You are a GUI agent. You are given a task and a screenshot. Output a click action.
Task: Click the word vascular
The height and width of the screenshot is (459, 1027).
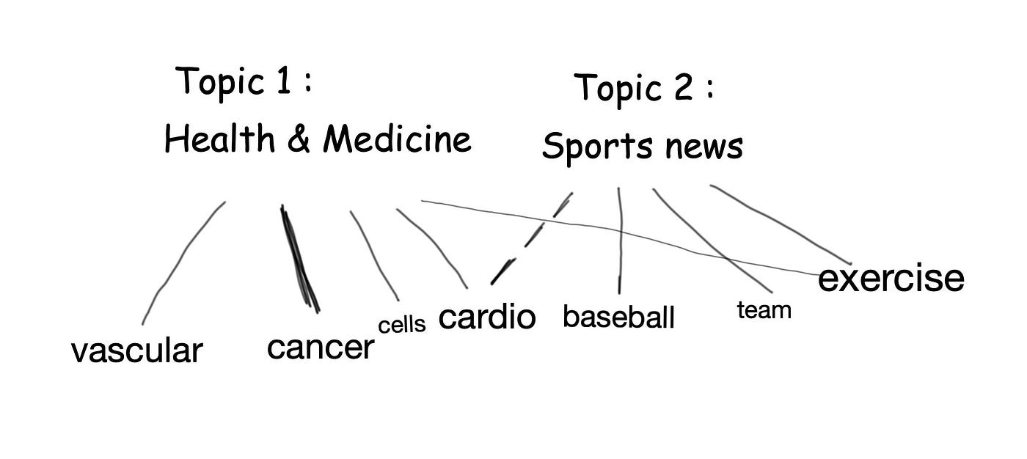(x=136, y=350)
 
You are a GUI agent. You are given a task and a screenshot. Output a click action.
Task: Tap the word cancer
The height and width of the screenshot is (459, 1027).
(x=321, y=347)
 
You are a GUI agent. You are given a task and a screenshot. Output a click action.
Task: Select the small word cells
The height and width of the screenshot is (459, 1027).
(x=401, y=325)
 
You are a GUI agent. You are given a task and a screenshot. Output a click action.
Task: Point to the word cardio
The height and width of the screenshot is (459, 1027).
(x=487, y=317)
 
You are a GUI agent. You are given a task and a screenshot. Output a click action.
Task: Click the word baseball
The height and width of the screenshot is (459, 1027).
(x=618, y=317)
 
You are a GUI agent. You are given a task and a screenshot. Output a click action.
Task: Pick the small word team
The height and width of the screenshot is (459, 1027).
(x=764, y=310)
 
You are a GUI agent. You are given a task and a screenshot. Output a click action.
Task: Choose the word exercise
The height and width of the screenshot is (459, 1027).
(x=891, y=279)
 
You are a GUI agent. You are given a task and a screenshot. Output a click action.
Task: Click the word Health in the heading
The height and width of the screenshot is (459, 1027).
(x=219, y=139)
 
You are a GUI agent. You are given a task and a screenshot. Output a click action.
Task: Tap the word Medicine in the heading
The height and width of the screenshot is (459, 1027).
(x=397, y=139)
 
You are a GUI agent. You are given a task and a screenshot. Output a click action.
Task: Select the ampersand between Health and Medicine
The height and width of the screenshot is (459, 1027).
(x=299, y=139)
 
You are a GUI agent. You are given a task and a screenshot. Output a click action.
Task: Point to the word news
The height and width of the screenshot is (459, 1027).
(x=704, y=147)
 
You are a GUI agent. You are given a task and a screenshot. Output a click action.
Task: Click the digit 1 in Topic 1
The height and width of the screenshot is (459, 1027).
(x=282, y=81)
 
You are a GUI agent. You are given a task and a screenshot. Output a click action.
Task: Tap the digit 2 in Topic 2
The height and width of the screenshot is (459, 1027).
(x=682, y=88)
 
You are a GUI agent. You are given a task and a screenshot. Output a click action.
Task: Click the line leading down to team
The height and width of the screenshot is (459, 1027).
(x=712, y=242)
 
